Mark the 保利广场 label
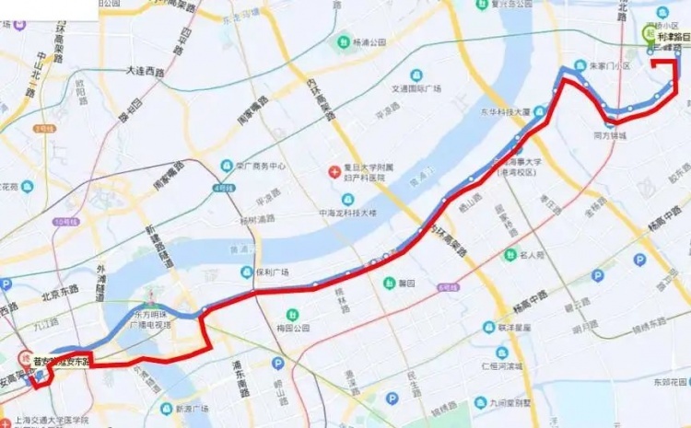coord(272,272)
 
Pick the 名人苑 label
coord(535,253)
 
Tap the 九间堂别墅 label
coord(512,402)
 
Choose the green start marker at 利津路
coord(650,33)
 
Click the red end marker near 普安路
coord(25,358)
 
